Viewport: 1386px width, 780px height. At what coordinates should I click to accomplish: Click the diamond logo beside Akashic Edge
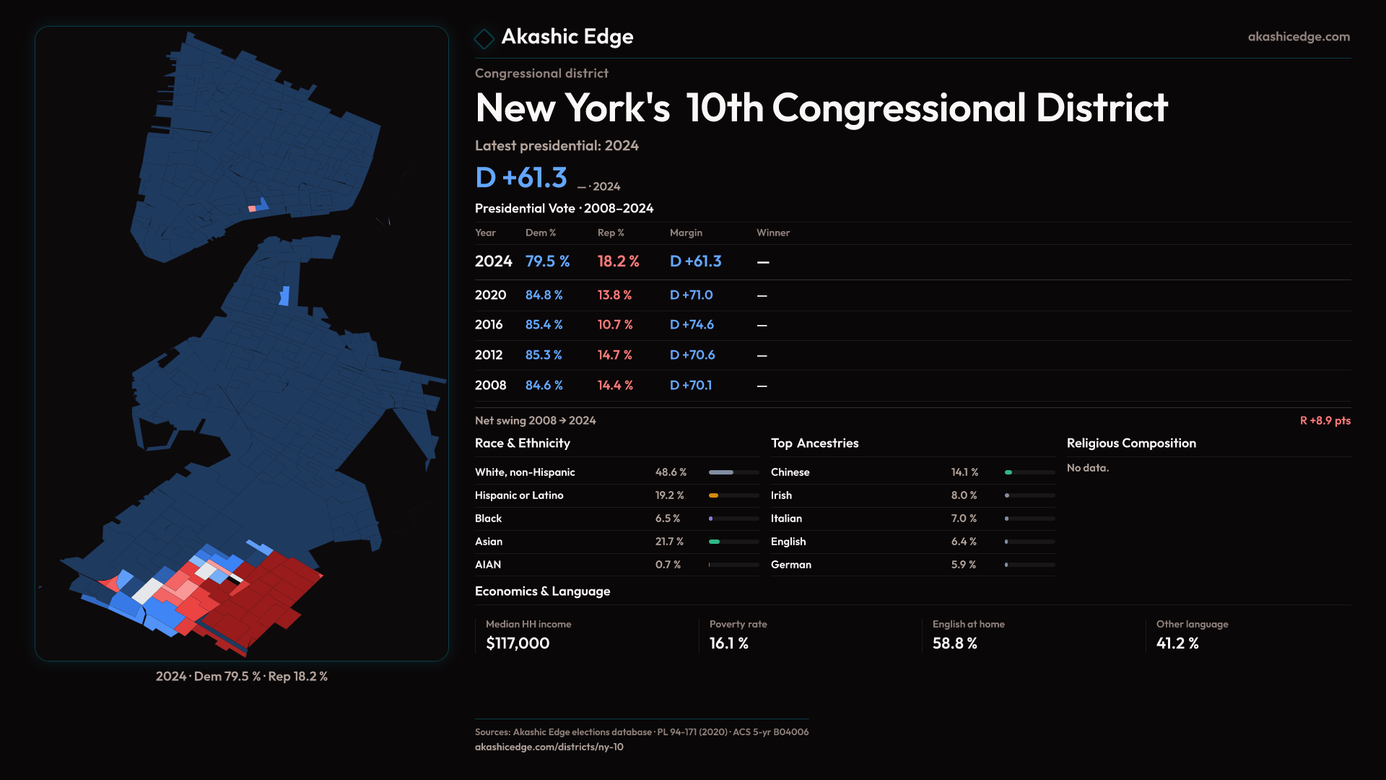point(484,38)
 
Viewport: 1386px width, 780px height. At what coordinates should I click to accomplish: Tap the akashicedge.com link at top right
point(1298,37)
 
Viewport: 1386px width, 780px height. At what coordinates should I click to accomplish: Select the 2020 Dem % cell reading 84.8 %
point(544,295)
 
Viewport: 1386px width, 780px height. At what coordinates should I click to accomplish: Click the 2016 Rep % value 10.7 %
point(614,325)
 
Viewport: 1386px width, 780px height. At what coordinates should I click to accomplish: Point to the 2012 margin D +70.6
point(692,355)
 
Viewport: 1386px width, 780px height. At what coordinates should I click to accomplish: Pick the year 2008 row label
point(490,386)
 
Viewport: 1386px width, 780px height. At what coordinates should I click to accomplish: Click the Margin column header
point(685,233)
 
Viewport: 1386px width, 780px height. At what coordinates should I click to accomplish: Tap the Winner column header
point(772,233)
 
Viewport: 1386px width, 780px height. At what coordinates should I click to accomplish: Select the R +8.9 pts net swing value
point(1325,420)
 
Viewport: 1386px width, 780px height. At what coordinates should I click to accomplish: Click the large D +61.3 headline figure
point(521,178)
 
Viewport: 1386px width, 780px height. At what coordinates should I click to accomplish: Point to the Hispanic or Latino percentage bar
point(733,495)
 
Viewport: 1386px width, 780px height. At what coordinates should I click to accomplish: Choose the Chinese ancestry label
point(790,472)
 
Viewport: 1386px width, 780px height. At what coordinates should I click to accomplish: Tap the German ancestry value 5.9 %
point(963,565)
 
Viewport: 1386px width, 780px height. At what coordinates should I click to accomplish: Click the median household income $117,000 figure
point(518,643)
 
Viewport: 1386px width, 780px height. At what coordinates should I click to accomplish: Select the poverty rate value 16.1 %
point(728,643)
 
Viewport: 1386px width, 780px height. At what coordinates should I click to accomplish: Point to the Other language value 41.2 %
point(1177,643)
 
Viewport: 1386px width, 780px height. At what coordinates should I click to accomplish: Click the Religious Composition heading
point(1130,443)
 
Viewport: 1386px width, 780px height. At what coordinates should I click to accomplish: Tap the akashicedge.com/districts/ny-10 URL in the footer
point(549,747)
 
